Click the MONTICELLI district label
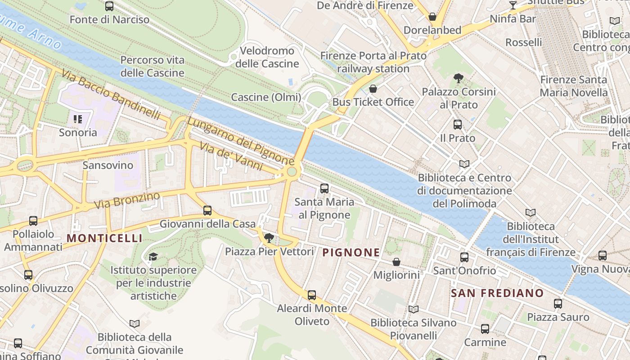click(104, 238)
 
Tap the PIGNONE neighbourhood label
click(351, 252)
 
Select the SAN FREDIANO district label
click(497, 293)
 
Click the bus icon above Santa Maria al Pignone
click(324, 188)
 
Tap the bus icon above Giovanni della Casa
click(207, 210)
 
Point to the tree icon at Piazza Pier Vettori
click(269, 238)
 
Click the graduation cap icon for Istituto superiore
click(153, 256)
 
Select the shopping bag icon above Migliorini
click(396, 261)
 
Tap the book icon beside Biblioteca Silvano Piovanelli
click(413, 309)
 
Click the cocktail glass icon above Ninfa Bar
click(513, 5)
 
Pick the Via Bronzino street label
click(127, 201)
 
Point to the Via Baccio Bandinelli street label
click(111, 94)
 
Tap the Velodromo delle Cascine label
click(267, 57)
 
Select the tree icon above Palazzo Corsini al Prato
click(458, 78)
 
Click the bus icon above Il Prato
click(457, 125)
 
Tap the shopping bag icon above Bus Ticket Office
click(373, 89)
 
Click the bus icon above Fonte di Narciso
click(109, 6)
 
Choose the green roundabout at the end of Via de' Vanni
click(292, 171)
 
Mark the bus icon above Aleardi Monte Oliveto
click(311, 295)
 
